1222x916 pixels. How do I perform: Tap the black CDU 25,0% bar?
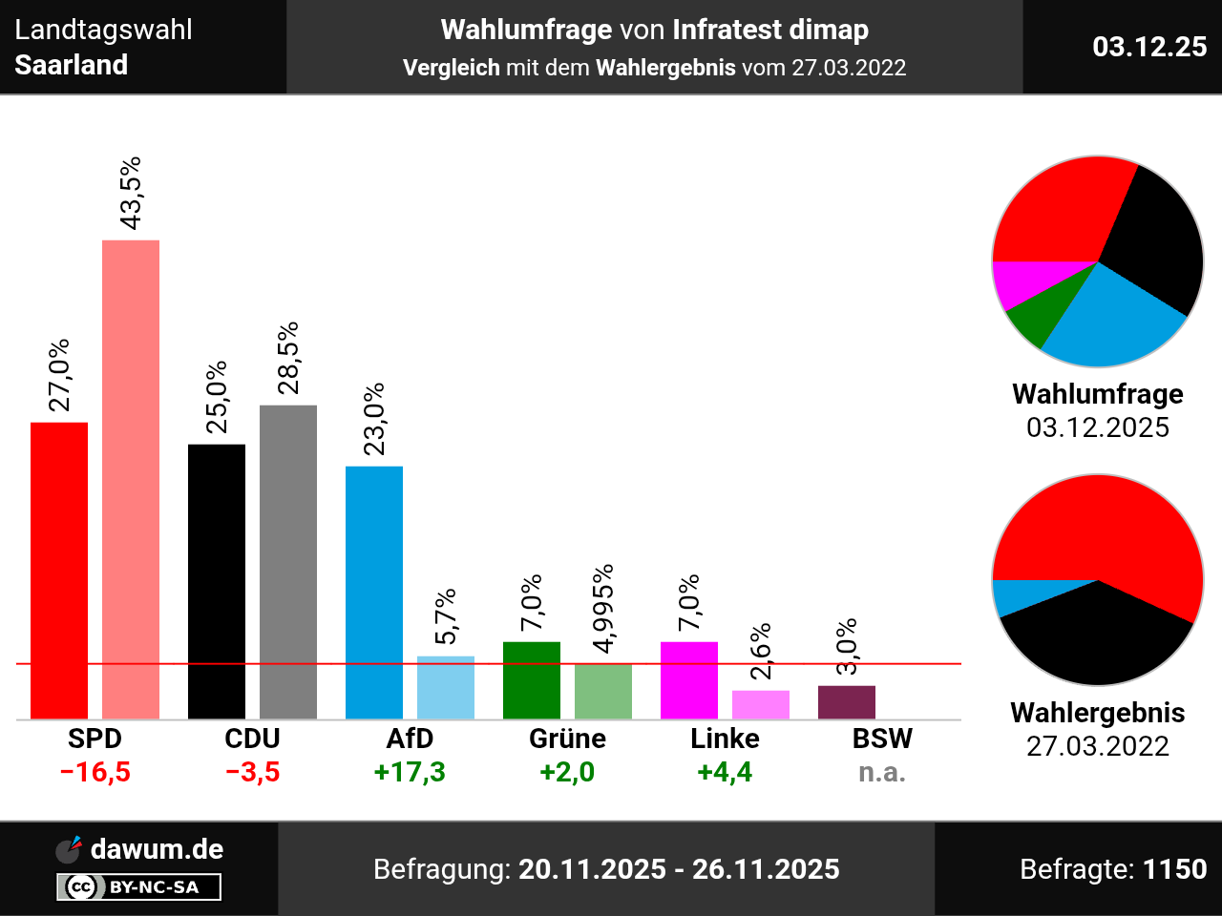217,581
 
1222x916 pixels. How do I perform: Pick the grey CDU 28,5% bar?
288,562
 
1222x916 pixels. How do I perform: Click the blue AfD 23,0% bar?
374,593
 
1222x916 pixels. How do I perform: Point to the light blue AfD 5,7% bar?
446,687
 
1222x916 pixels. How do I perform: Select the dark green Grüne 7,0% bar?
532,680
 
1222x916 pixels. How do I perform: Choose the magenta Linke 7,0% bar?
689,680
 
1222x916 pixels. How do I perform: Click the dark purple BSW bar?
847,702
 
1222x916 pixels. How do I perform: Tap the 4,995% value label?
603,609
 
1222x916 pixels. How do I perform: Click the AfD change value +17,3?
410,772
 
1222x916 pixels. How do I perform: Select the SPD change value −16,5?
95,772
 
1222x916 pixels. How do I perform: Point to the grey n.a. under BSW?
882,772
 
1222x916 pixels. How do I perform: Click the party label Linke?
725,739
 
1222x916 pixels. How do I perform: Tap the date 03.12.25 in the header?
1149,47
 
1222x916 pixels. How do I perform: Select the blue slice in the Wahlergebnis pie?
1008,597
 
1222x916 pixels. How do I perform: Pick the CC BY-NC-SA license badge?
138,887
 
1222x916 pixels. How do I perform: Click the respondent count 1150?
1174,869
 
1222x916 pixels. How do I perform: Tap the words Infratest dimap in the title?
770,31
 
